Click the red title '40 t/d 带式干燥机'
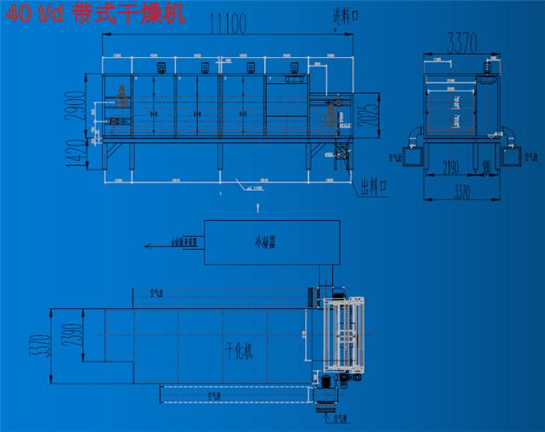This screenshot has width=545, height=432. click(93, 14)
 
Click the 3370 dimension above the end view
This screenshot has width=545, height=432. click(463, 40)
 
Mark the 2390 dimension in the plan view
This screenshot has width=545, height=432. click(77, 334)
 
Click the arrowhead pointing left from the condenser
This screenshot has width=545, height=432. click(148, 246)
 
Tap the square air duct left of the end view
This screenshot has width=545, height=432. click(412, 156)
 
